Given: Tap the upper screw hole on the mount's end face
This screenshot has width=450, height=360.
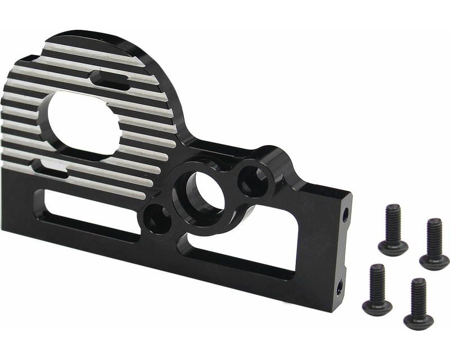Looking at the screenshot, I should tap(345, 214).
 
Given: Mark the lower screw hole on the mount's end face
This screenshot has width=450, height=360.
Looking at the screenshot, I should tap(340, 289).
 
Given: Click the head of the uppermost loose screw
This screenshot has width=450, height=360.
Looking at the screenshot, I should tap(393, 247).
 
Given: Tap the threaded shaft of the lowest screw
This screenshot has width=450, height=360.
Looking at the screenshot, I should tap(418, 295).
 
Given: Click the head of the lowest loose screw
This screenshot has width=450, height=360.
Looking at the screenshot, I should tap(418, 321).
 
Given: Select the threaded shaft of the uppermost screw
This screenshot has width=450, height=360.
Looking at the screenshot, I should tap(393, 223).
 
